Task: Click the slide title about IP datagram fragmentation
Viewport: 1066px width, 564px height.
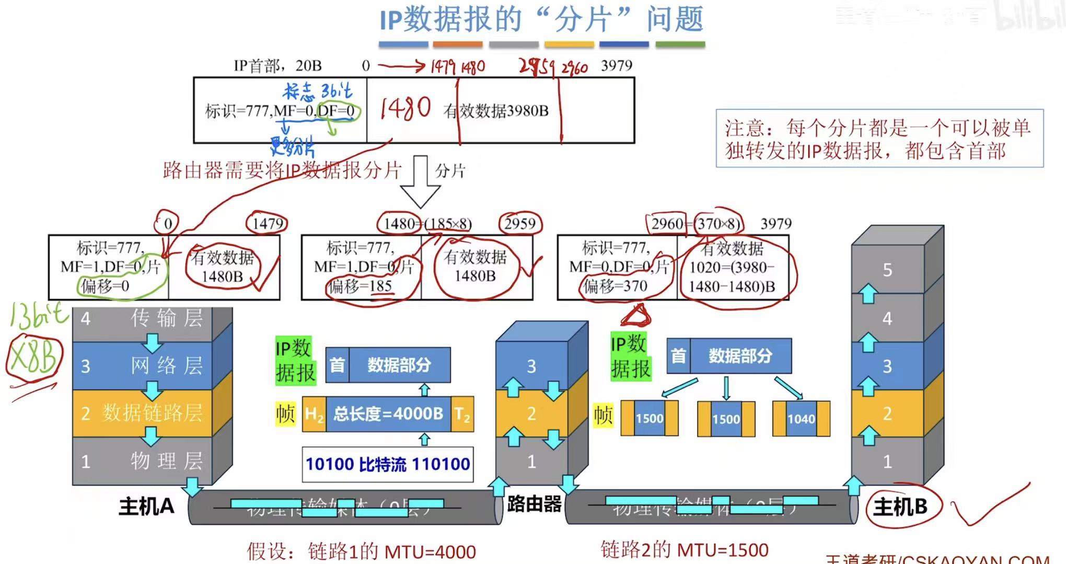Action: [541, 20]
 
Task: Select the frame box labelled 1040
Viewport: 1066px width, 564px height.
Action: [801, 419]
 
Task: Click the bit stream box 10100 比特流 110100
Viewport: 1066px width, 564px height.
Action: [388, 464]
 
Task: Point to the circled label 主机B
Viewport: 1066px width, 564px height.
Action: [900, 507]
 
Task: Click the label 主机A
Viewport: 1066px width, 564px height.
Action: [146, 507]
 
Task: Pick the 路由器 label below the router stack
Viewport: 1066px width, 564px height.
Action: [534, 504]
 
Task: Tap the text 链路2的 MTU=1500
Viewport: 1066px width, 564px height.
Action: [685, 550]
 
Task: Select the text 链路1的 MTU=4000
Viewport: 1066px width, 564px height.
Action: [362, 551]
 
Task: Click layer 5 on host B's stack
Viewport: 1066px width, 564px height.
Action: [887, 270]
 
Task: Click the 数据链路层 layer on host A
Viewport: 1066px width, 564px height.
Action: [152, 413]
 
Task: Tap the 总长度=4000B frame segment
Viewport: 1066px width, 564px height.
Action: [388, 414]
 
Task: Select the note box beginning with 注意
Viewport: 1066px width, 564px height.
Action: [879, 139]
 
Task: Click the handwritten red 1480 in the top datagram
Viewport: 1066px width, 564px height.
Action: [405, 109]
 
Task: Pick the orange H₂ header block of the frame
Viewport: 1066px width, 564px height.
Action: [314, 415]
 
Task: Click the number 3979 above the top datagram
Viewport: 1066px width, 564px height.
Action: [617, 65]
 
